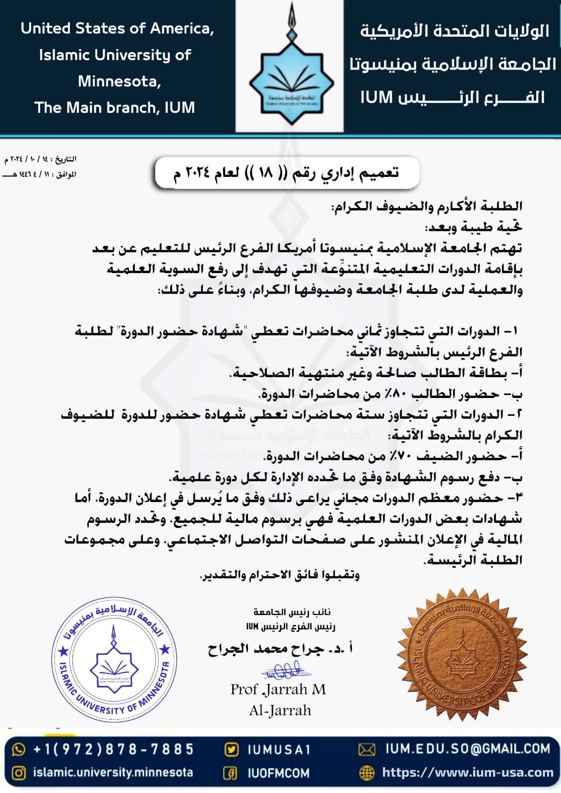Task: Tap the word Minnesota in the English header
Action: coord(120,81)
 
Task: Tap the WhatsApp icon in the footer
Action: coord(18,749)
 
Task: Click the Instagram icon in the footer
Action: coord(18,773)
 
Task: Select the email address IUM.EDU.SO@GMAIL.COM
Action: coord(468,748)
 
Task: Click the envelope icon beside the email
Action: coord(367,749)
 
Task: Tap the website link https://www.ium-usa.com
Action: coord(467,772)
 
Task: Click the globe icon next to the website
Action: coord(367,772)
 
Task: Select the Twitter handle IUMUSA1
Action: coord(279,749)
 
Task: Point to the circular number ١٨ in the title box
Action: coord(266,173)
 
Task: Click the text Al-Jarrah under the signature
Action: coord(280,710)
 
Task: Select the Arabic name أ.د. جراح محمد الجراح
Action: coord(281,648)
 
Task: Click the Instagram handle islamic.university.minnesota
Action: coord(113,772)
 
